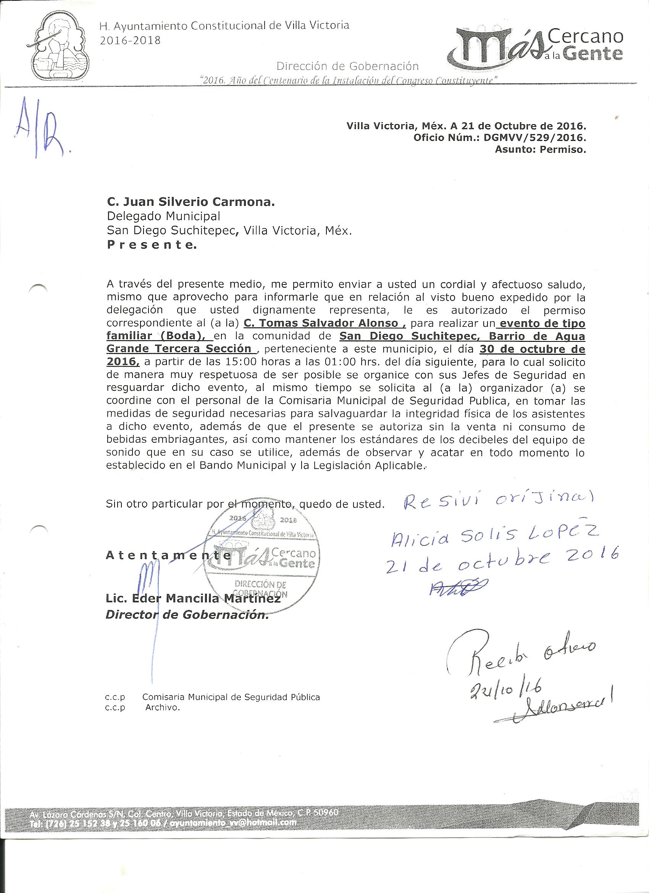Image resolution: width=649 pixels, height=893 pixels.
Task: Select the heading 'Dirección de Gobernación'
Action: point(347,66)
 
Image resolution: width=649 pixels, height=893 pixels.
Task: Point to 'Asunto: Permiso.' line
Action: point(540,149)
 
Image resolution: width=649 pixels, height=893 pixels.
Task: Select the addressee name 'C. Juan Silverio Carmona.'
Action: point(191,202)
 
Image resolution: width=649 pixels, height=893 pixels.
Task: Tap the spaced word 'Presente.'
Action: point(151,245)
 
